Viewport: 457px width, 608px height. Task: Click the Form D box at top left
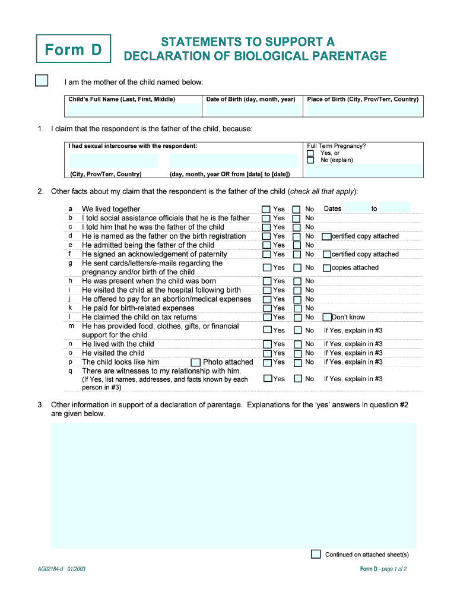pos(73,49)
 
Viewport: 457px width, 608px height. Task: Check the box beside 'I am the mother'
pos(42,81)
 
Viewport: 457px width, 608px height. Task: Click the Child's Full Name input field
pos(134,110)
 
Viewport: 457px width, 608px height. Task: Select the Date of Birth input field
pos(250,110)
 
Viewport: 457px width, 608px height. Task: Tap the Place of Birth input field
pos(363,110)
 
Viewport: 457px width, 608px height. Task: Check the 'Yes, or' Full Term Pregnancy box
pos(310,153)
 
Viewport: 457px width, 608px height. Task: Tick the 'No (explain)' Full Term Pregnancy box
pos(310,160)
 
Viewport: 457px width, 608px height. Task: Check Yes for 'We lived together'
pos(266,209)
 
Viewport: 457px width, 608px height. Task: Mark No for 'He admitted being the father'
pos(297,245)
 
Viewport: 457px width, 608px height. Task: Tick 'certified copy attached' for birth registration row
pos(326,236)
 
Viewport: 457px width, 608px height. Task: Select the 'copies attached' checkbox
pos(326,268)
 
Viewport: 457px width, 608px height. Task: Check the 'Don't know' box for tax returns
pos(326,317)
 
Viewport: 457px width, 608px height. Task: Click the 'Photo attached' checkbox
pos(195,362)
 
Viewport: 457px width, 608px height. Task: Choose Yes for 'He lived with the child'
pos(267,344)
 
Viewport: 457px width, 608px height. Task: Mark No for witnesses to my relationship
pos(297,379)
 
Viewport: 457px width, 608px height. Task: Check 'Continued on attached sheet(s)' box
pos(316,554)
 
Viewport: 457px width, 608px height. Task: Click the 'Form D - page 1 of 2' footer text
pos(383,569)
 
